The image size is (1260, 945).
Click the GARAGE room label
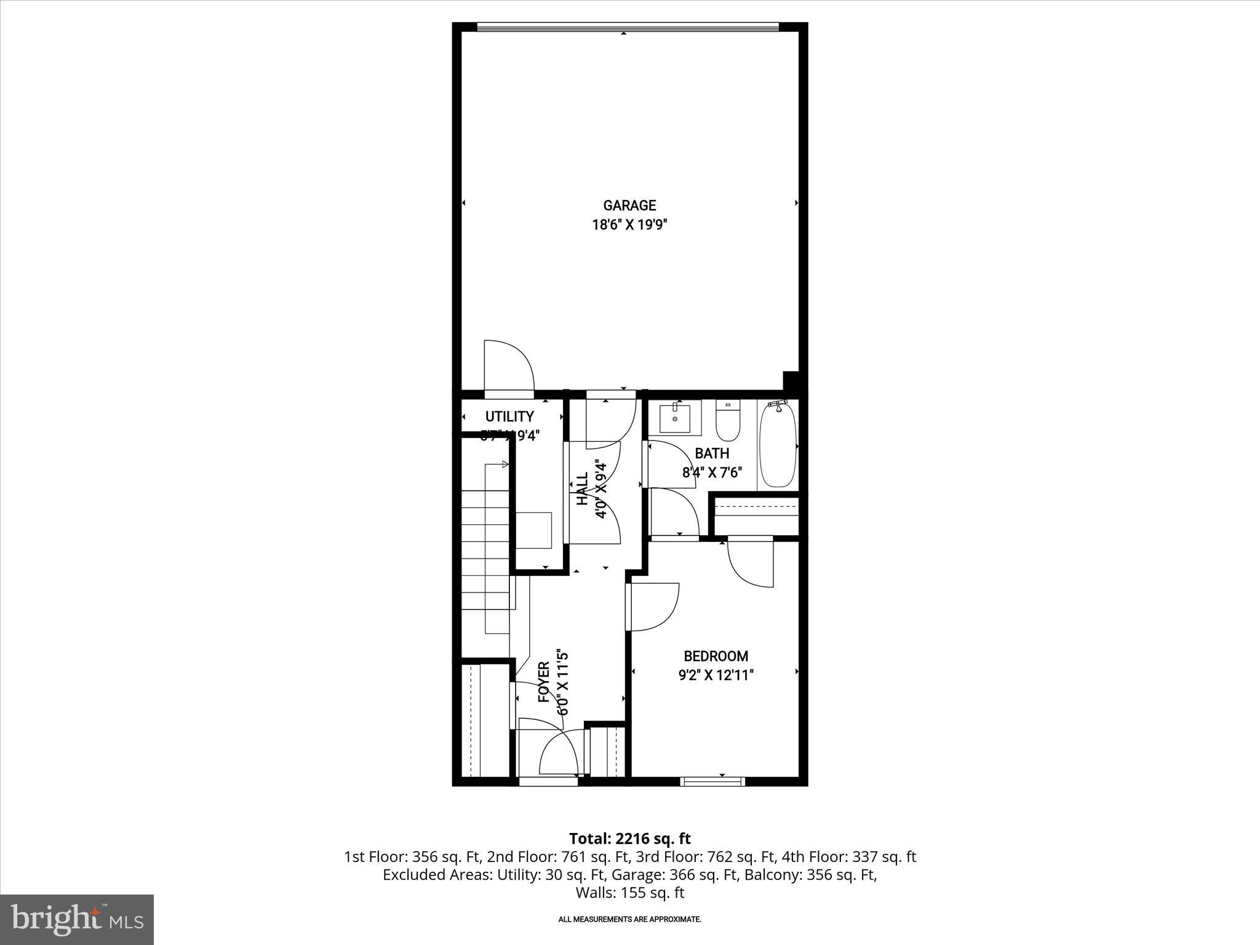point(629,205)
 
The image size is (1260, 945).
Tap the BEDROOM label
point(716,656)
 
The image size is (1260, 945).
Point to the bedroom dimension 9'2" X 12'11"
point(716,676)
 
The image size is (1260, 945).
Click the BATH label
point(712,453)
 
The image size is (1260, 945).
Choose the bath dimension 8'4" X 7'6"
point(712,472)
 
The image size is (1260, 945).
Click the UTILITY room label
point(509,417)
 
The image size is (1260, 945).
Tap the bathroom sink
point(675,418)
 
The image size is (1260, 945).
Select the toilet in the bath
point(728,423)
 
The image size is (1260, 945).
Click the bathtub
point(778,446)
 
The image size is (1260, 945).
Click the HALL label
point(582,489)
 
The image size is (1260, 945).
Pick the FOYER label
point(544,682)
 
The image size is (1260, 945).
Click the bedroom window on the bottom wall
point(712,781)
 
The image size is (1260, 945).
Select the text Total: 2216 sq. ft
point(629,839)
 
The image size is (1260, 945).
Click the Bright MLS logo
point(77,919)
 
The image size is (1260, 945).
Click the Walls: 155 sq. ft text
point(629,893)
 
